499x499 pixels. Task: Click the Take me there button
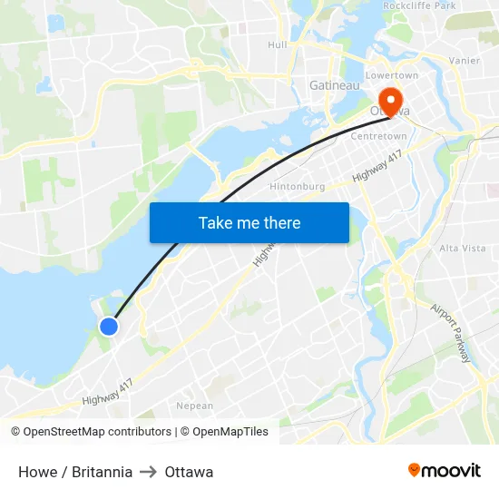tap(249, 222)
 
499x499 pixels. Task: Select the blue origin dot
tap(108, 326)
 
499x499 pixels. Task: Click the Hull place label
tap(277, 44)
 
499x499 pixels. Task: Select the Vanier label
tap(465, 61)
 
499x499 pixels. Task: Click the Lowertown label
tap(391, 75)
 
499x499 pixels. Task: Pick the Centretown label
tap(378, 136)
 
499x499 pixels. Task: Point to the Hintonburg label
tap(297, 187)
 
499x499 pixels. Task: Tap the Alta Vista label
tap(463, 248)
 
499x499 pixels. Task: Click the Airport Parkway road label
tap(450, 333)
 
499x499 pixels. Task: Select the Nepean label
tap(194, 406)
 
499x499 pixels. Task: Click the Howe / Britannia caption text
tap(75, 472)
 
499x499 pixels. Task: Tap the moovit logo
tap(445, 470)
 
